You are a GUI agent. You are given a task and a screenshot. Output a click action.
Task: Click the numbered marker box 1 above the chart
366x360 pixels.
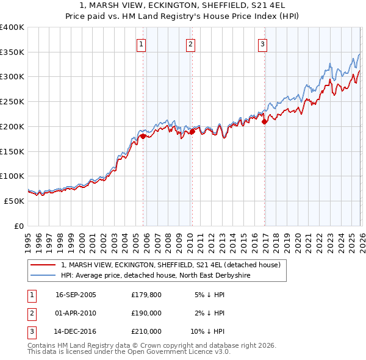[142, 44]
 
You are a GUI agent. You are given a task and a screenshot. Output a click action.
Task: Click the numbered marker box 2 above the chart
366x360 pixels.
[190, 44]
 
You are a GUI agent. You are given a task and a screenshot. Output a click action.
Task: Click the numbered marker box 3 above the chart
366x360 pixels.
[262, 44]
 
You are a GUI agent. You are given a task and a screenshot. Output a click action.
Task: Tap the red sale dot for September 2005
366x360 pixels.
[143, 136]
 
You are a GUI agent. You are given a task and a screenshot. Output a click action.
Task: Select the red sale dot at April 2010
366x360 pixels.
[192, 131]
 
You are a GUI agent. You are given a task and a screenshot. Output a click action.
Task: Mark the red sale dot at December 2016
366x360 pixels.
[264, 121]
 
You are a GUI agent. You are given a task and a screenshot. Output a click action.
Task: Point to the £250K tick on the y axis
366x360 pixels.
[12, 102]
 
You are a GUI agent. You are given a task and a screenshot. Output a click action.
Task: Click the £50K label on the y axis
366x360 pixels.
[14, 201]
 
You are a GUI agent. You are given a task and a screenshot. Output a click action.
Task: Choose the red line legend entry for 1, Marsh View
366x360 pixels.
[170, 265]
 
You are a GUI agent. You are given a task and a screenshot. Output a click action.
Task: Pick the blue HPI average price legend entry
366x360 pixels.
[156, 276]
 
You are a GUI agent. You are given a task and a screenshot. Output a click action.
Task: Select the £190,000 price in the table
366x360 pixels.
[146, 313]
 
